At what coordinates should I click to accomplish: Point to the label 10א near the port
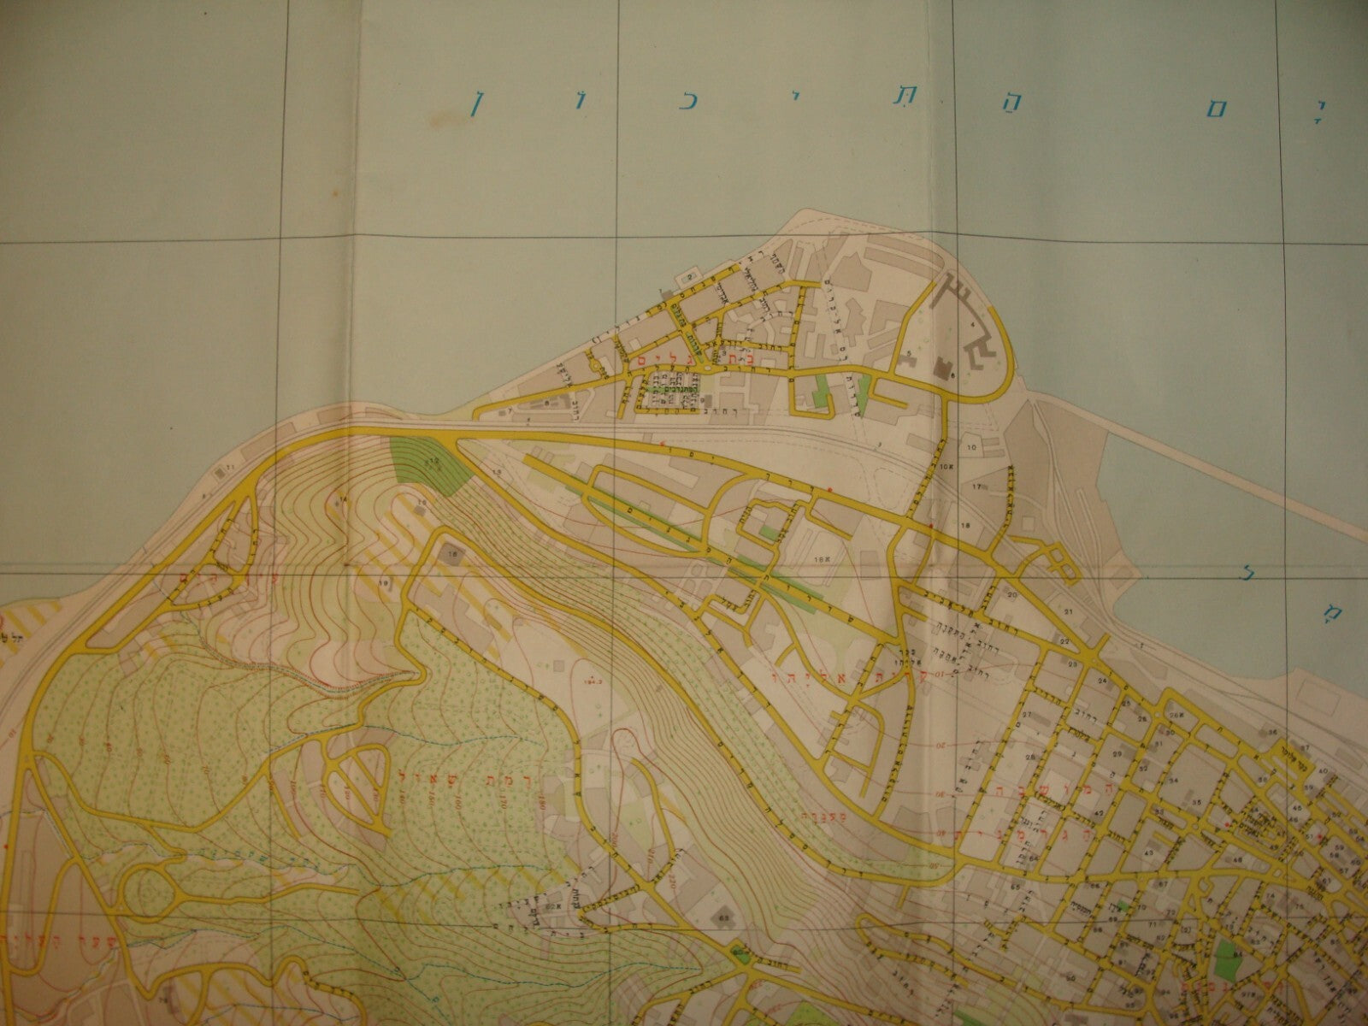coord(946,467)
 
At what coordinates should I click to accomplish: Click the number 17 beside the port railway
coord(976,486)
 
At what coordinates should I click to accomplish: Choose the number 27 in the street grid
coord(1029,716)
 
